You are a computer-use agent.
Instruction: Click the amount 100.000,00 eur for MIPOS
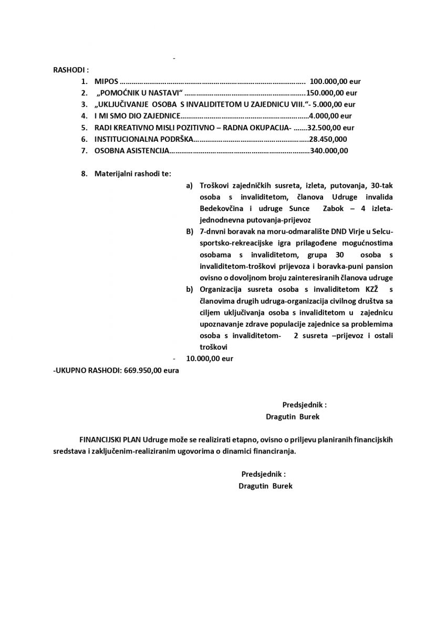335,81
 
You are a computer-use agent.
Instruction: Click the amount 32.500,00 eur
331,128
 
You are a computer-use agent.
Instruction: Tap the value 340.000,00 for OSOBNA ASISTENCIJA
329,151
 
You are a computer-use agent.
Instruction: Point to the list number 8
84,174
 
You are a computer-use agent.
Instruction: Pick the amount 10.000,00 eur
210,359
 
